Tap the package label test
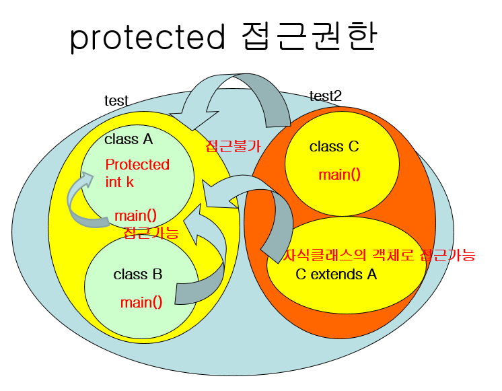tap(116, 101)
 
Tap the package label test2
tap(325, 96)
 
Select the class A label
tap(129, 139)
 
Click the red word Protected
tap(137, 165)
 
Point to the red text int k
tap(120, 182)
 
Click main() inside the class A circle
tap(135, 215)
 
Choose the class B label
tap(138, 274)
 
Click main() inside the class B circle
tap(141, 302)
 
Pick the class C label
tap(334, 147)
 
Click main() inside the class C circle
tap(340, 175)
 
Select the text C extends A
tap(336, 274)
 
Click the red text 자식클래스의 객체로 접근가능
tap(380, 256)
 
